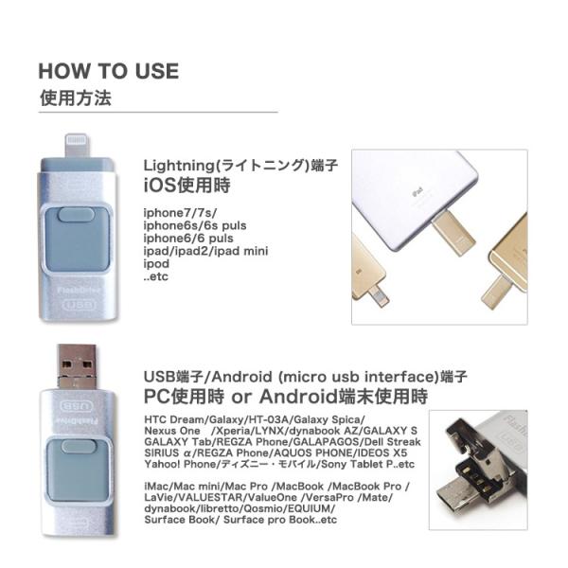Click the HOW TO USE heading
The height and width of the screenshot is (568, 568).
[108, 72]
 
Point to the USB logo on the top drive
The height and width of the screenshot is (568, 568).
[77, 306]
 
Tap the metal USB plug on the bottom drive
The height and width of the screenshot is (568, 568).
[76, 365]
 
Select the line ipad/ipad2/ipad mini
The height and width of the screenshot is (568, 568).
[206, 252]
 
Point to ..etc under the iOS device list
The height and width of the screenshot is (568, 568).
[155, 277]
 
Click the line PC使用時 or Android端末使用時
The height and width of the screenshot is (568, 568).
[285, 395]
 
